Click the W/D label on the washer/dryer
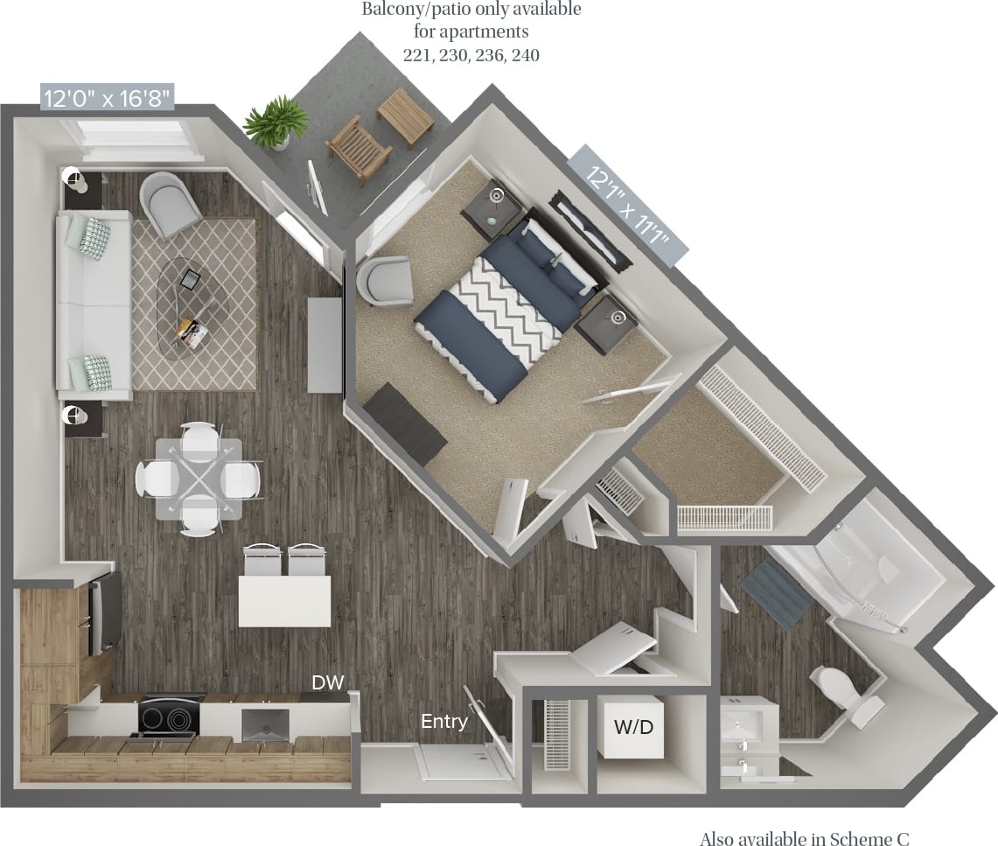[x=633, y=725]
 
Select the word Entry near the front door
[x=444, y=722]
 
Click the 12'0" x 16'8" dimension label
[x=108, y=97]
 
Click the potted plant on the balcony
[x=277, y=123]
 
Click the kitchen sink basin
[x=264, y=724]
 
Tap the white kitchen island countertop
[x=284, y=601]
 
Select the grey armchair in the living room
[x=171, y=204]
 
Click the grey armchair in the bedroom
[x=386, y=281]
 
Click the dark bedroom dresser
[x=404, y=422]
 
